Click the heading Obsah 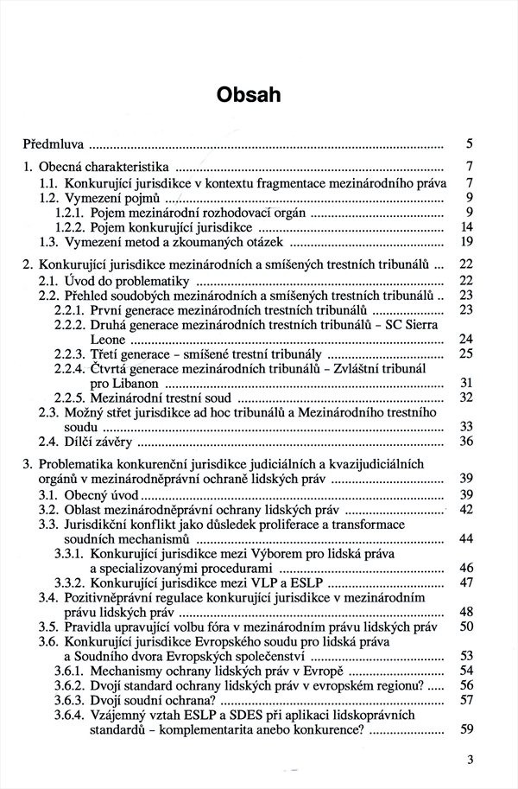(259, 93)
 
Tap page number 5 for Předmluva (468, 143)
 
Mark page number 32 (465, 398)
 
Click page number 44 (465, 539)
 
